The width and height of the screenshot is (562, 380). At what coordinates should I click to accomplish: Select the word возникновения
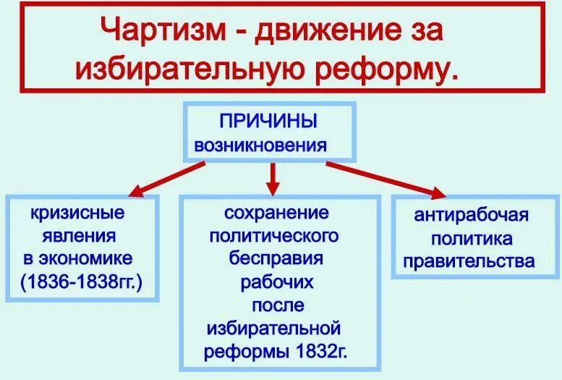coord(260,145)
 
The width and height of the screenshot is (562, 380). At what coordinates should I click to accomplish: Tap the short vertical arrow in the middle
coord(273,177)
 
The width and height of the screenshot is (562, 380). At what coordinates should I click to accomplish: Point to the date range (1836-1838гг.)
coord(82,280)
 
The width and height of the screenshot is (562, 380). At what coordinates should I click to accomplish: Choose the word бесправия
coord(276,258)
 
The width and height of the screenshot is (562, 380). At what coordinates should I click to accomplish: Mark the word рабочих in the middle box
coord(276,281)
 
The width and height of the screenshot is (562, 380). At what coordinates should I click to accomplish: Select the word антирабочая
coord(472,215)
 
